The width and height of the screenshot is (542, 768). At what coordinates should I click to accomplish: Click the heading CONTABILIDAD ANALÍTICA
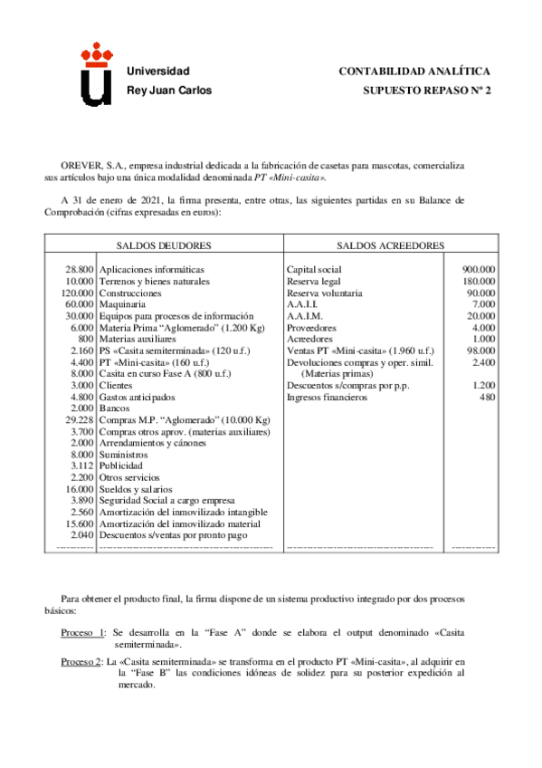point(414,71)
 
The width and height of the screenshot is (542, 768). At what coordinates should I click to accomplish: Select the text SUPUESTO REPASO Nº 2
point(426,91)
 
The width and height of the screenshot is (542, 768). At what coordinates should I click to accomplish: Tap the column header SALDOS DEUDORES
point(164,245)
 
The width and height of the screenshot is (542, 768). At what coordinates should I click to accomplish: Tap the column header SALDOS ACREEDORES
point(390,245)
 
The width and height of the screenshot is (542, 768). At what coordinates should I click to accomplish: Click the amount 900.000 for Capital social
point(478,270)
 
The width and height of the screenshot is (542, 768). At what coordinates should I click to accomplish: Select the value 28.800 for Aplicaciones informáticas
point(80,270)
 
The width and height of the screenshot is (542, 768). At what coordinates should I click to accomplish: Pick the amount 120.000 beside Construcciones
point(78,293)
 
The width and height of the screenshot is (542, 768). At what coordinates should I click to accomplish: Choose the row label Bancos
point(114,409)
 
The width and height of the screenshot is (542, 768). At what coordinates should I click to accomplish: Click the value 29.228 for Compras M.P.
point(80,421)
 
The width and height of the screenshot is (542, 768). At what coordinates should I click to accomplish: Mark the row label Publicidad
point(120,466)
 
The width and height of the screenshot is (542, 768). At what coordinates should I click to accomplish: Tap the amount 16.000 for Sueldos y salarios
point(80,489)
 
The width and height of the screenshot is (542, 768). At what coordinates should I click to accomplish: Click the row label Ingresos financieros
point(328,398)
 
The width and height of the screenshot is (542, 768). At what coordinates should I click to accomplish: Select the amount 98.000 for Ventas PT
point(480,350)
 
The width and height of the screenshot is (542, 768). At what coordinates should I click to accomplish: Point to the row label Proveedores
point(311,328)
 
